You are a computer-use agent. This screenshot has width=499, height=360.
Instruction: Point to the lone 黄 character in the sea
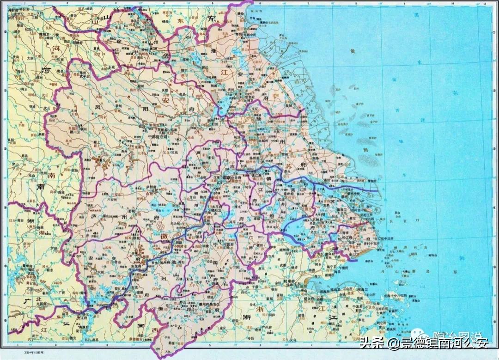(353, 51)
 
